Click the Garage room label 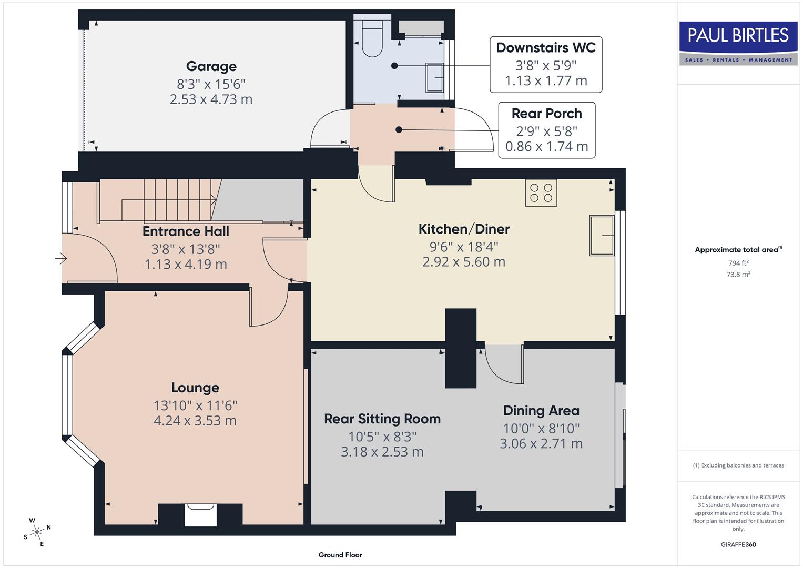[x=211, y=67]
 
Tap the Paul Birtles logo [x=738, y=43]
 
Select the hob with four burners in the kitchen [x=541, y=193]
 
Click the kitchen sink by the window [x=602, y=235]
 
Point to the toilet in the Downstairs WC [x=373, y=39]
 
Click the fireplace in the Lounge [x=200, y=514]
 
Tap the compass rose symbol [x=37, y=532]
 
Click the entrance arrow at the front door [x=61, y=259]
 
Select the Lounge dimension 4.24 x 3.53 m [x=195, y=421]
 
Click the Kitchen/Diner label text [x=463, y=229]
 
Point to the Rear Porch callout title [x=546, y=114]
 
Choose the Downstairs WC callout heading [x=545, y=48]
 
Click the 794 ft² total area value [x=738, y=263]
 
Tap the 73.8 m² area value [x=738, y=274]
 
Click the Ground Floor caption [x=340, y=555]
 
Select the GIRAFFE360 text [x=738, y=544]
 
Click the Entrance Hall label [x=186, y=231]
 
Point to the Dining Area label [x=541, y=411]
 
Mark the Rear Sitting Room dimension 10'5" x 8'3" [x=382, y=437]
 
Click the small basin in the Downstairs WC [x=434, y=78]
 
